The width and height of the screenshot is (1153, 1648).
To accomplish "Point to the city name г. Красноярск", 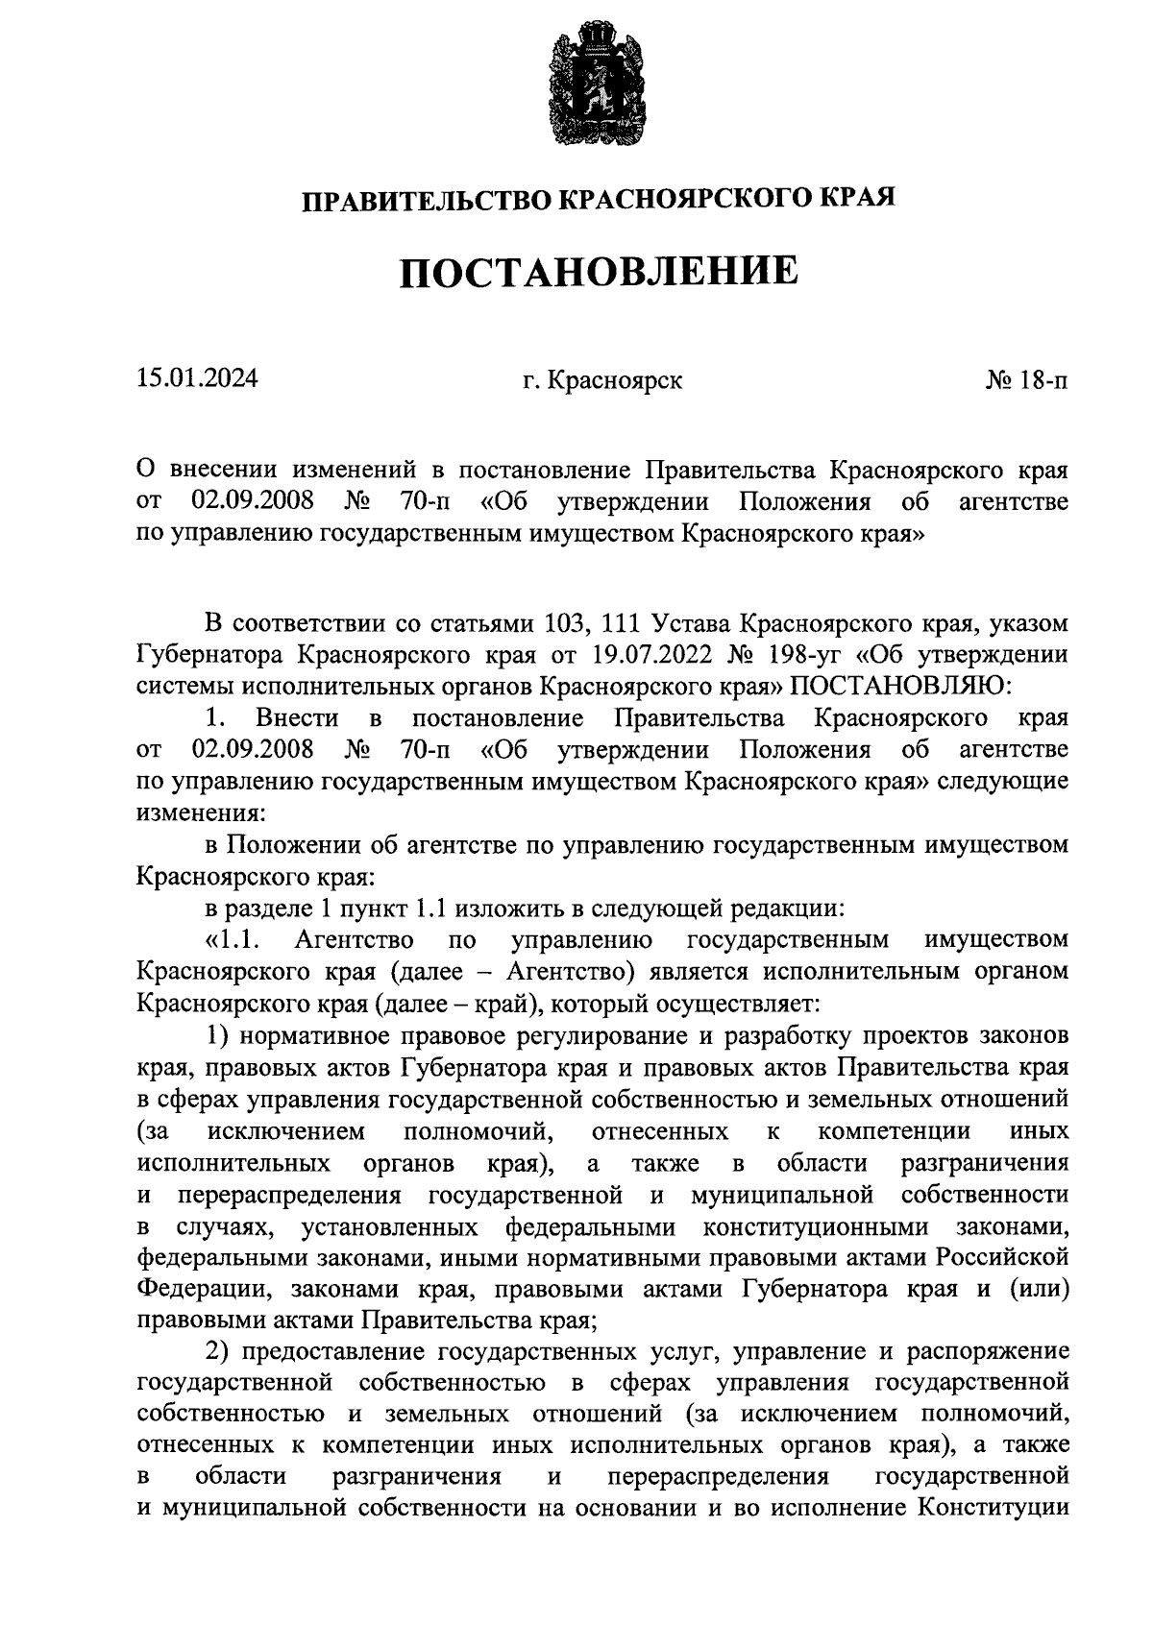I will click(602, 380).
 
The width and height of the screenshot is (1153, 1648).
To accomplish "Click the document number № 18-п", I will click(1026, 380).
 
